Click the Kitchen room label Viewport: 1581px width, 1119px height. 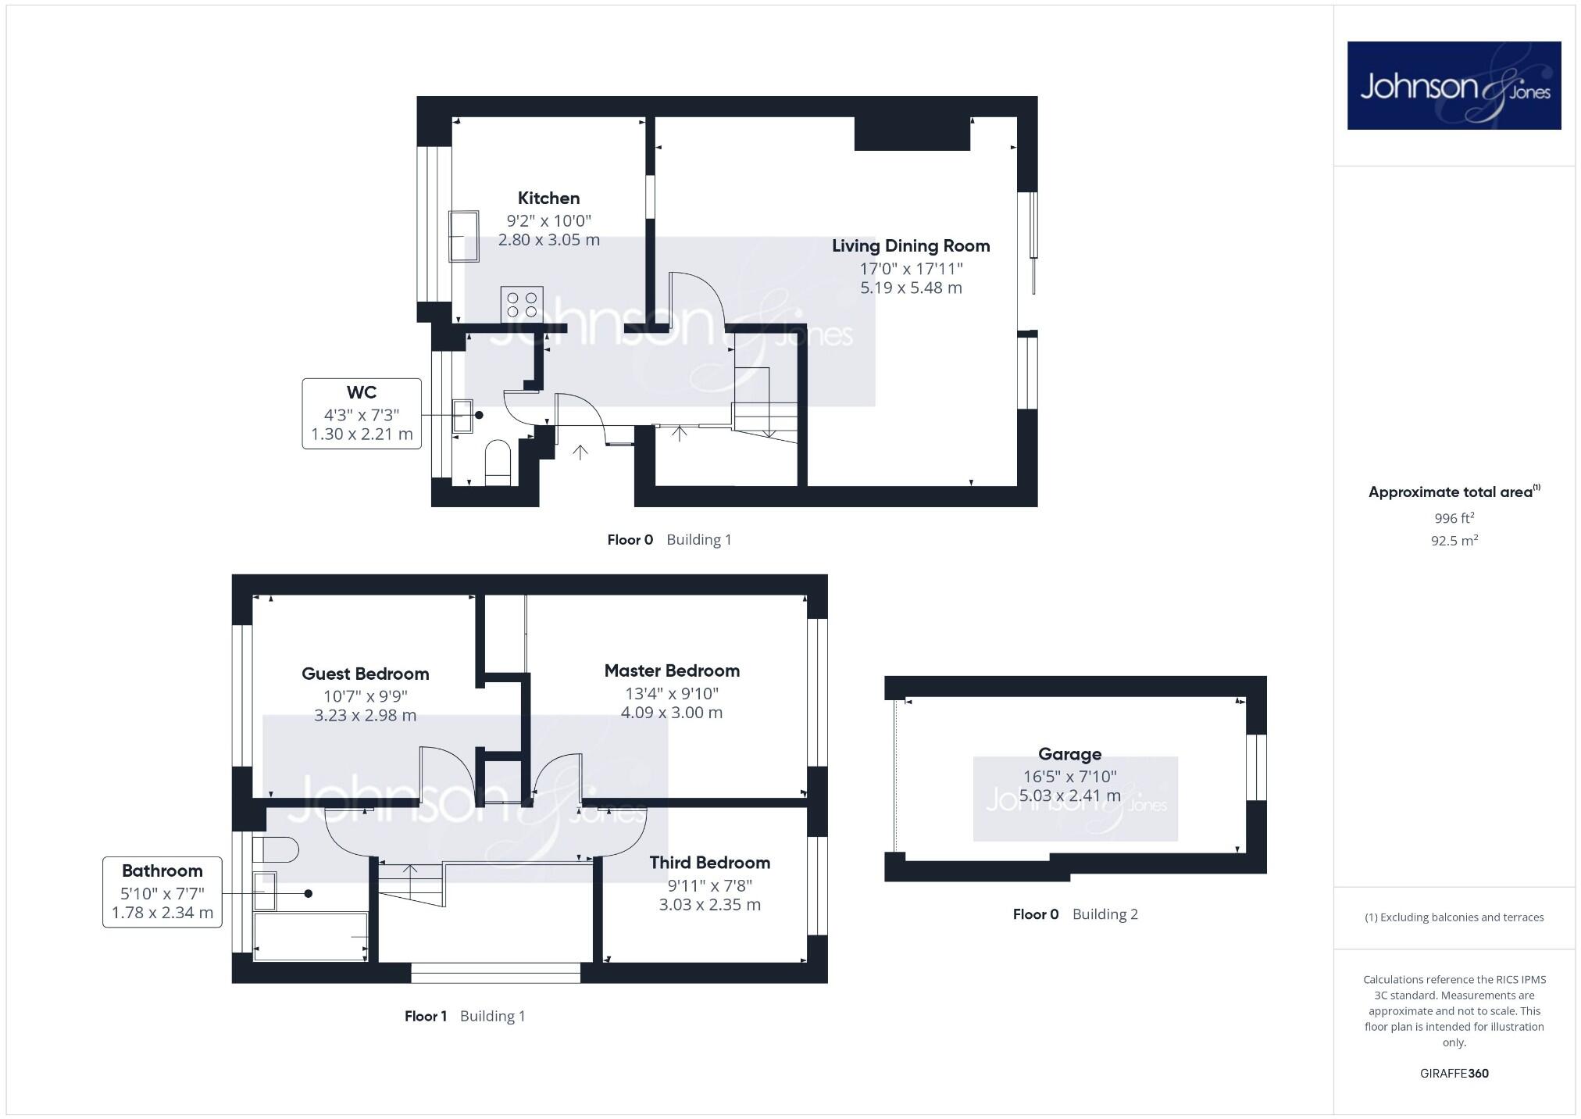[x=548, y=198]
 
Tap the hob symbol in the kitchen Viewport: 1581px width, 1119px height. [x=522, y=304]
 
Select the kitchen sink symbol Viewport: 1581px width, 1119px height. [x=463, y=236]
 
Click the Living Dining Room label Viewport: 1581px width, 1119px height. [x=911, y=246]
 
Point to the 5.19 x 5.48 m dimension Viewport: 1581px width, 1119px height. [x=911, y=288]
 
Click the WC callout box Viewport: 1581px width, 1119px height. [x=362, y=413]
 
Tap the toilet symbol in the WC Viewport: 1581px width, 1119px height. [x=498, y=462]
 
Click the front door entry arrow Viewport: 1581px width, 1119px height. [x=580, y=452]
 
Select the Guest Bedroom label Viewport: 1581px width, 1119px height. [x=365, y=674]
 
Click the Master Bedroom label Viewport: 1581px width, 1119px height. [x=672, y=670]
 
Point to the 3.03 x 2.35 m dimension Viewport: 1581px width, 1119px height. [x=709, y=905]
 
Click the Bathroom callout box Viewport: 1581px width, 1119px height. [x=162, y=892]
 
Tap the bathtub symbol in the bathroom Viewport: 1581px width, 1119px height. [x=311, y=936]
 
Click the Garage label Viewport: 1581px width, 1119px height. [x=1069, y=754]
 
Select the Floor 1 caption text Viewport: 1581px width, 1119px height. [x=425, y=1016]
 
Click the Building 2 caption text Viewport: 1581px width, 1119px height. [x=1105, y=914]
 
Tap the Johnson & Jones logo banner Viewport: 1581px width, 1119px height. [x=1454, y=85]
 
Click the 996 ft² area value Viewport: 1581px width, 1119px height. [x=1454, y=518]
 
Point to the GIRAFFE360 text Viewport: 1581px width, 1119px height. [x=1454, y=1073]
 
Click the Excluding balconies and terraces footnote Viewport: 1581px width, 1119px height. [x=1454, y=917]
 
